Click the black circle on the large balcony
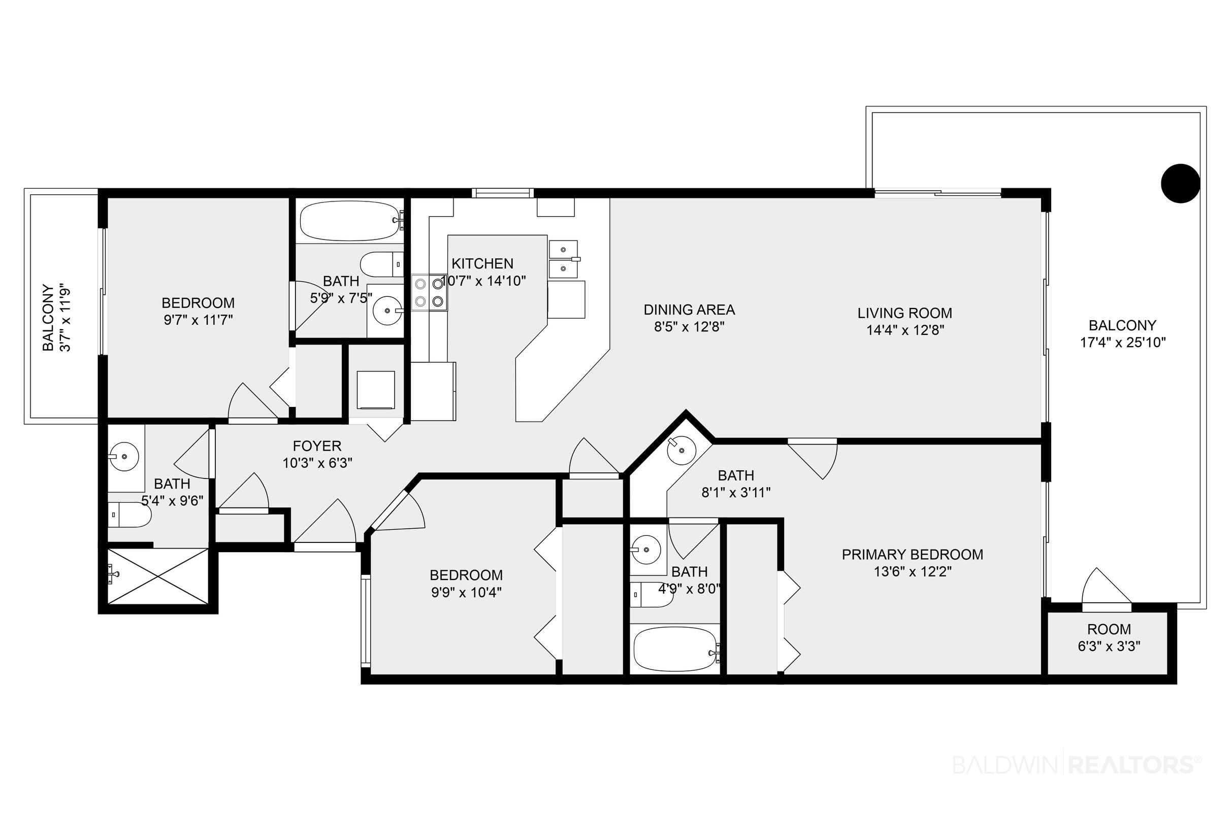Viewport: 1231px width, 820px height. click(1180, 183)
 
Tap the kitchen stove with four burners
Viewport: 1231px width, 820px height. click(429, 293)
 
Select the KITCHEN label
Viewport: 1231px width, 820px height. click(482, 263)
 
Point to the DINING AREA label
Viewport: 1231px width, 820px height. click(689, 310)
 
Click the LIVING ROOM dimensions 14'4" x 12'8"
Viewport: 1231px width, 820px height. click(905, 330)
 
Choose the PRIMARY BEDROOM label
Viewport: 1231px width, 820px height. click(912, 554)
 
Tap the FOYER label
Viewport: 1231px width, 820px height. click(317, 446)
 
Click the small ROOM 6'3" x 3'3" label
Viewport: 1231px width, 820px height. click(1109, 637)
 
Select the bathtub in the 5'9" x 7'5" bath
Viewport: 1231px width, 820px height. click(349, 221)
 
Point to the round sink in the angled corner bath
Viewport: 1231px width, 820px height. click(681, 449)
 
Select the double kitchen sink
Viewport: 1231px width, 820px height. click(563, 259)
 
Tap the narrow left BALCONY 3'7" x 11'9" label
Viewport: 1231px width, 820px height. click(56, 318)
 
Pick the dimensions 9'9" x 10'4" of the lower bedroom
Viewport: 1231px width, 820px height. click(466, 593)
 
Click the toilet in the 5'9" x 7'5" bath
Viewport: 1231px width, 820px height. click(381, 264)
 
